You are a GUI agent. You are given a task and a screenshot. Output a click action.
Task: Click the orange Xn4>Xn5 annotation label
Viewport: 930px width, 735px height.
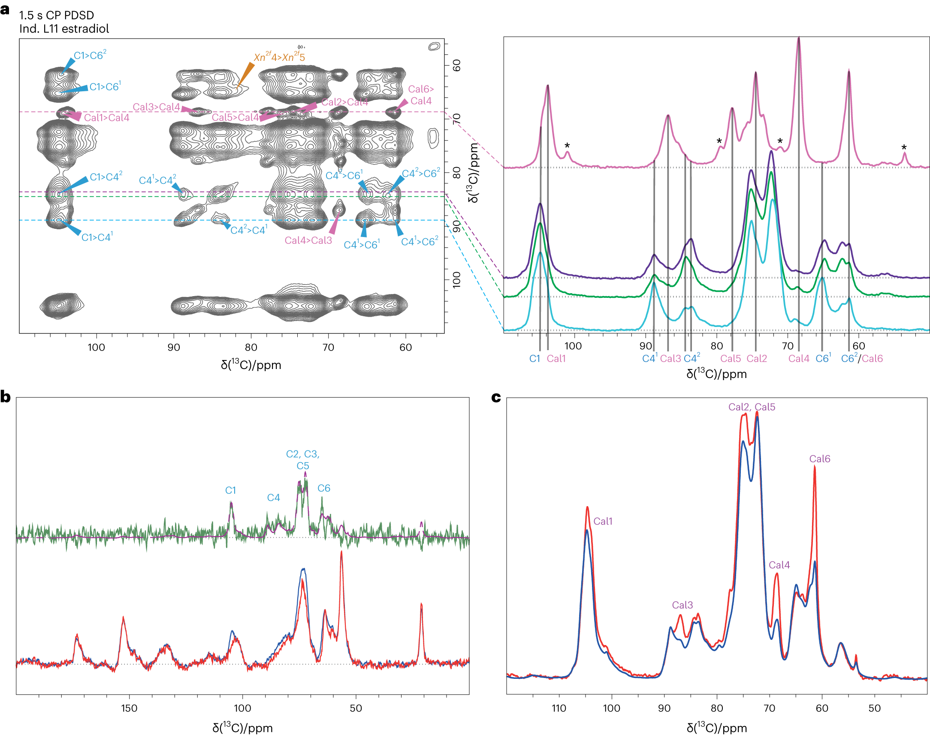point(279,57)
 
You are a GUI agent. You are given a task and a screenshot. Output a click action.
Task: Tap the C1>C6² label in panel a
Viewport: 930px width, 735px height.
point(90,55)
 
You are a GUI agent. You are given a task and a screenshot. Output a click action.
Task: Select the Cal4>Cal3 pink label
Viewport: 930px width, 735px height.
point(308,240)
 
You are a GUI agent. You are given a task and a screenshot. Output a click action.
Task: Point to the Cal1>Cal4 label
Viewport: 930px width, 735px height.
point(106,117)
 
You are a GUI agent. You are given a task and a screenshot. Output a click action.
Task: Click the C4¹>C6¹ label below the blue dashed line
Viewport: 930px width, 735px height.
point(361,245)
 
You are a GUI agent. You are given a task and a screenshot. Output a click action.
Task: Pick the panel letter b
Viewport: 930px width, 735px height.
point(6,396)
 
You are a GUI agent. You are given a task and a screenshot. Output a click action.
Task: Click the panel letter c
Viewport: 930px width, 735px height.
point(496,397)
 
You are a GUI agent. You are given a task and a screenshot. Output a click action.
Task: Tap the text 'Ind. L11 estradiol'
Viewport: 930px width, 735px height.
point(64,28)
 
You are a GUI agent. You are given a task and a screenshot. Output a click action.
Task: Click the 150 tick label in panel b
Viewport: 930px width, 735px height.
point(129,708)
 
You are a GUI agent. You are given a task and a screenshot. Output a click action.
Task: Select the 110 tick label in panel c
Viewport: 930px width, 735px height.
point(559,708)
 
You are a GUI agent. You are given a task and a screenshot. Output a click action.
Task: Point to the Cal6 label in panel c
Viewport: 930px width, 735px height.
point(819,459)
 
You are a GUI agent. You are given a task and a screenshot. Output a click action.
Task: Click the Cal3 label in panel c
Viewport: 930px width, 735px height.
point(682,605)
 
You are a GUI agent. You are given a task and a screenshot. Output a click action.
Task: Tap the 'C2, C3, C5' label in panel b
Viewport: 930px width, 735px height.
point(302,459)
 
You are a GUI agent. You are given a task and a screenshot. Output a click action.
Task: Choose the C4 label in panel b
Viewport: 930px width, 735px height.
point(273,498)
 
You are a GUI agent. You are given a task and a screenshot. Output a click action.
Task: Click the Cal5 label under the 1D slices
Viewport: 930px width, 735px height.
point(731,358)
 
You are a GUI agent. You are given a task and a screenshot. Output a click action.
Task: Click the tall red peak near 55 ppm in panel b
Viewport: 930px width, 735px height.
point(341,553)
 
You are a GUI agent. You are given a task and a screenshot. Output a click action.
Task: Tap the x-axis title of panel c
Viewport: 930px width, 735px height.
point(716,727)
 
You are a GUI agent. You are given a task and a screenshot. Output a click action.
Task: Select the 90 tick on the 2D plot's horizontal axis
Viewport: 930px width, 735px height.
point(174,347)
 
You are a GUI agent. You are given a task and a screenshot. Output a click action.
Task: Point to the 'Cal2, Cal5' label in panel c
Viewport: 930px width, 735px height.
point(751,407)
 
